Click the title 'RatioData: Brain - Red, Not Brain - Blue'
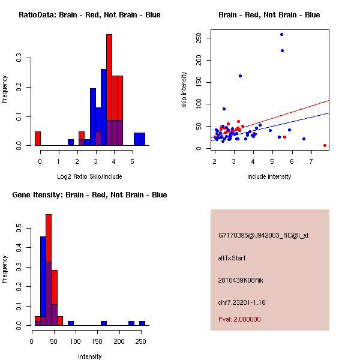[x=89, y=15]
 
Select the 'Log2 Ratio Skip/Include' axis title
[x=89, y=176]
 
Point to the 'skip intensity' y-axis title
[x=185, y=90]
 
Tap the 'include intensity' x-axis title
[x=269, y=176]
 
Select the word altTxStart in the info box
[x=232, y=258]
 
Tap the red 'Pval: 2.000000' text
[x=239, y=319]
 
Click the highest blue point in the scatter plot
[x=281, y=34]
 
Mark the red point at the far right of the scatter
[x=325, y=145]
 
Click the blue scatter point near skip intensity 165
[x=240, y=76]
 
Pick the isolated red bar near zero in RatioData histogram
[x=37, y=139]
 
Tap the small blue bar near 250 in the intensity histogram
[x=142, y=323]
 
